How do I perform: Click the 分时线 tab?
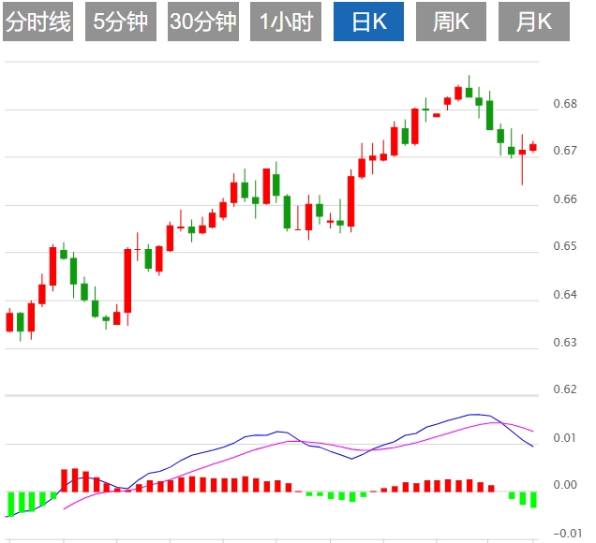38,22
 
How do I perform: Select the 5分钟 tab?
121,22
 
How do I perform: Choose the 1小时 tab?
287,22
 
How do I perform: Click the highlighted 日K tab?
369,22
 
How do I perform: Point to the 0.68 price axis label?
564,103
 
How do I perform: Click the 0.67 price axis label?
564,151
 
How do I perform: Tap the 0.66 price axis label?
564,198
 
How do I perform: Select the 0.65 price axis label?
564,246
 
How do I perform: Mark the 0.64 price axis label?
564,295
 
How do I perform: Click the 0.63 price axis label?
564,343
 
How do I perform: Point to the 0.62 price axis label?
564,389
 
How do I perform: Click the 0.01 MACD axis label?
564,437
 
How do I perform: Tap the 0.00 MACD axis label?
564,485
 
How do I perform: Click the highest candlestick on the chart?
469,92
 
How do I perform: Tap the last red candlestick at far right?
533,146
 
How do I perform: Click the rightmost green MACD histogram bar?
533,499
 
